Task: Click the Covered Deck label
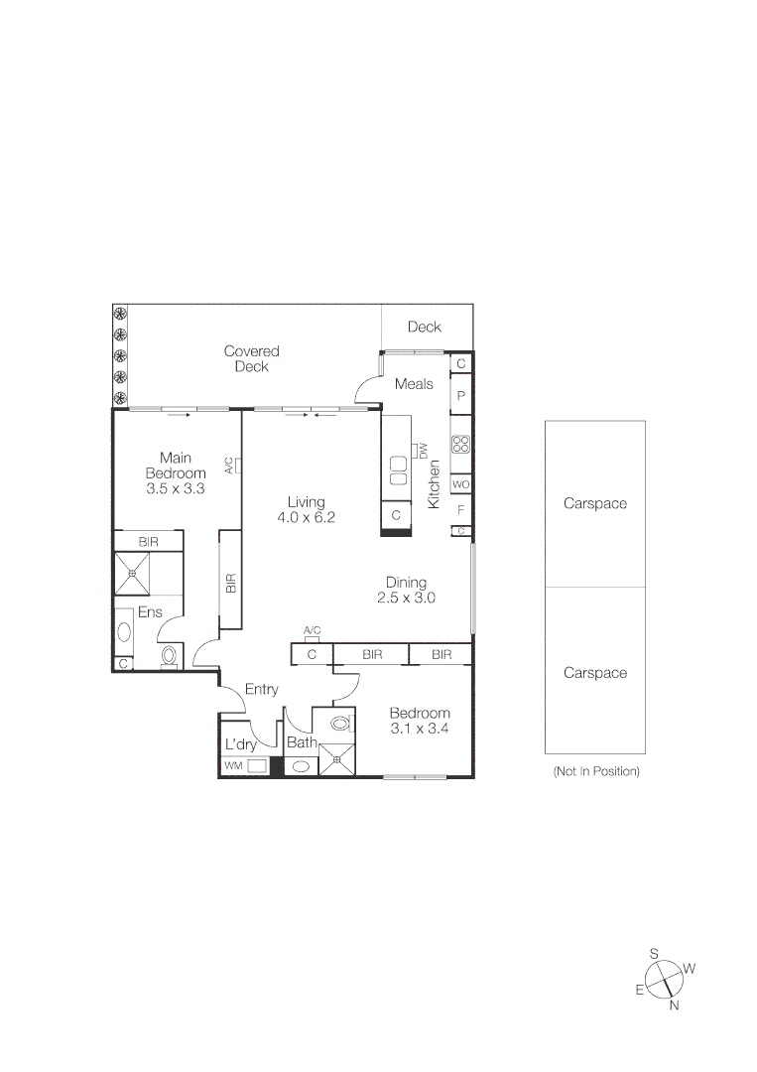(x=251, y=358)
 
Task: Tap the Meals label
(x=414, y=384)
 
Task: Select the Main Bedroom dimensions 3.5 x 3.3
(x=175, y=488)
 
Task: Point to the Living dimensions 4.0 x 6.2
(x=307, y=517)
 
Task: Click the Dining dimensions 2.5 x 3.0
(x=406, y=598)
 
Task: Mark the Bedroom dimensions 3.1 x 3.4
(x=419, y=729)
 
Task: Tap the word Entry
(x=262, y=689)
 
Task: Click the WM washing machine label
(x=233, y=766)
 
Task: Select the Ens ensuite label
(x=150, y=612)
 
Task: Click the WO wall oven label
(x=460, y=484)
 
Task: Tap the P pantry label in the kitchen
(x=460, y=395)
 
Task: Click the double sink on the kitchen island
(x=399, y=470)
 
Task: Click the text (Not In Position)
(x=595, y=771)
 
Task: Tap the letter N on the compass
(x=674, y=1005)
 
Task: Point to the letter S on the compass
(x=654, y=953)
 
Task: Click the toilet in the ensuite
(x=169, y=655)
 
